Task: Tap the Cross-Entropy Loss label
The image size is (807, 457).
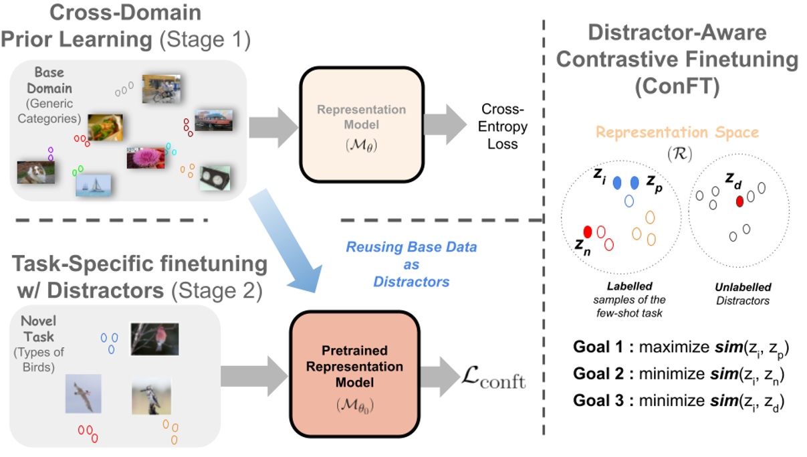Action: [x=504, y=126]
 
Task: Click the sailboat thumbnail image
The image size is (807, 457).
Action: [x=93, y=185]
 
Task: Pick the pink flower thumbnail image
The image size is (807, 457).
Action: [x=145, y=157]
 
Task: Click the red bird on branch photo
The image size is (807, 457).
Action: [x=154, y=338]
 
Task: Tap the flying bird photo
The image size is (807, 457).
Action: [x=84, y=393]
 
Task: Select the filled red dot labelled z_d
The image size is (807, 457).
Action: [x=739, y=201]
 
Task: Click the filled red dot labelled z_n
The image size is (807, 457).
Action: [x=588, y=231]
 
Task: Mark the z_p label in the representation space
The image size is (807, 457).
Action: [x=655, y=183]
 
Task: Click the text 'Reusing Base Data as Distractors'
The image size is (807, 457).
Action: [x=411, y=264]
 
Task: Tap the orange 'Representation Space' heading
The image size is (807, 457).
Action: [x=677, y=132]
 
